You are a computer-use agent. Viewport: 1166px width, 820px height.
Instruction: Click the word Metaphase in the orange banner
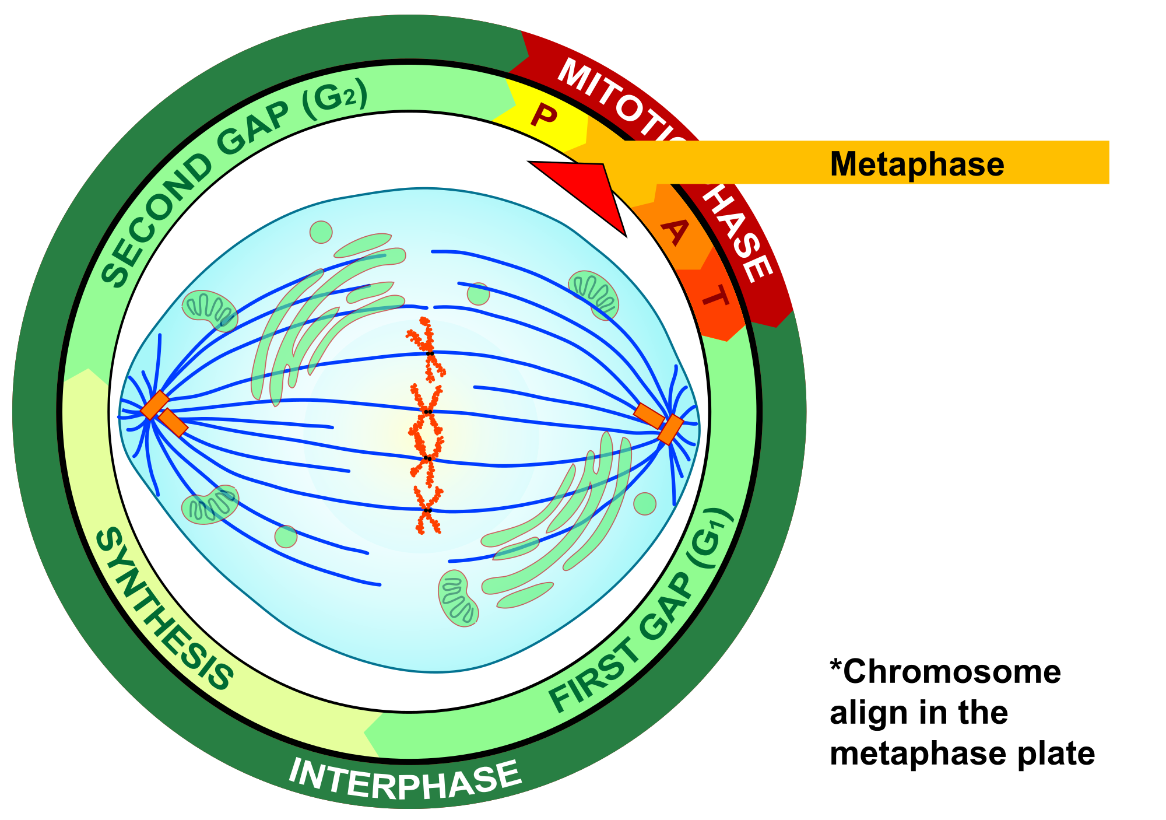tap(916, 164)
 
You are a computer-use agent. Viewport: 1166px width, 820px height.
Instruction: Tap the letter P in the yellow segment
tap(544, 116)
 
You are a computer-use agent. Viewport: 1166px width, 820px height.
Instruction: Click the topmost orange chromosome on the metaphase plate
tap(428, 350)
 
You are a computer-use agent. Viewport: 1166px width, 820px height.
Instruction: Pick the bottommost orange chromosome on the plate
tap(427, 511)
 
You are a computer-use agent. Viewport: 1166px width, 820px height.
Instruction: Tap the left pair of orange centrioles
tap(164, 413)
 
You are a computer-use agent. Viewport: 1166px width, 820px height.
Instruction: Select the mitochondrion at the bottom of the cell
tap(458, 598)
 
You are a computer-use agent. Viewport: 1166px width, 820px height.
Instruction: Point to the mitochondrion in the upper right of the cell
tap(593, 294)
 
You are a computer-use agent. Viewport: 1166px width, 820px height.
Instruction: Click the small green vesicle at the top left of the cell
tap(321, 232)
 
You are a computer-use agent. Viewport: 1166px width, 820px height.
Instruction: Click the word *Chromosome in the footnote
tap(945, 672)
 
